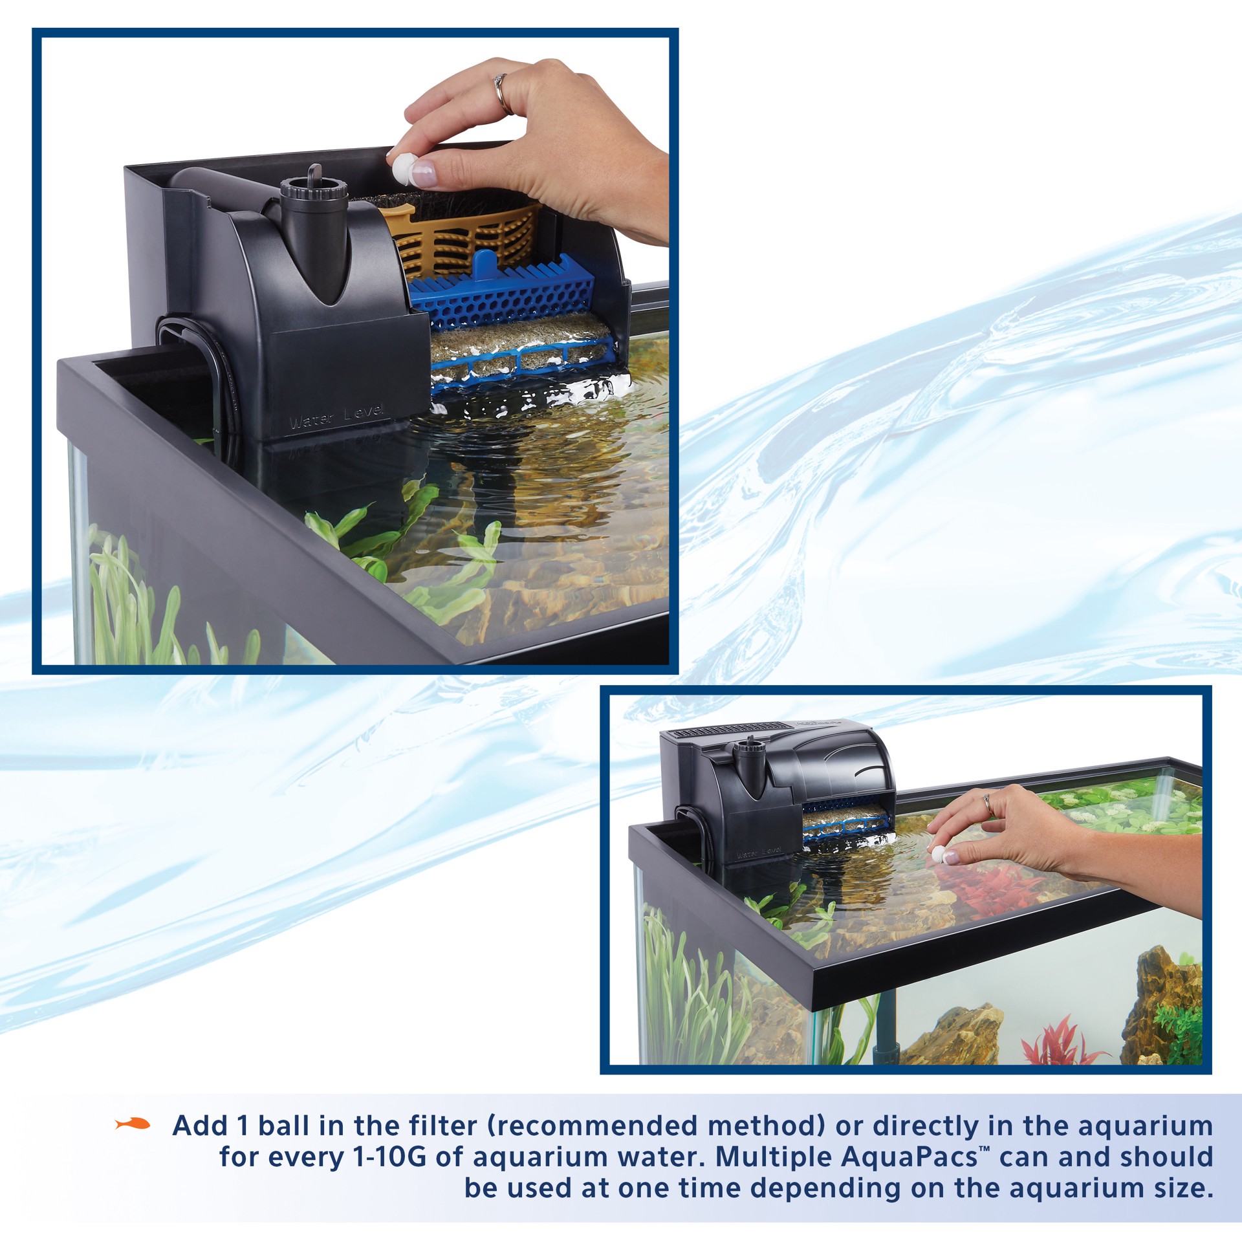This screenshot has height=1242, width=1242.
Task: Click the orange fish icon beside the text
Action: pyautogui.click(x=132, y=1125)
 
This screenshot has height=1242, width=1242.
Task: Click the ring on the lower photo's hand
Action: pyautogui.click(x=988, y=804)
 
